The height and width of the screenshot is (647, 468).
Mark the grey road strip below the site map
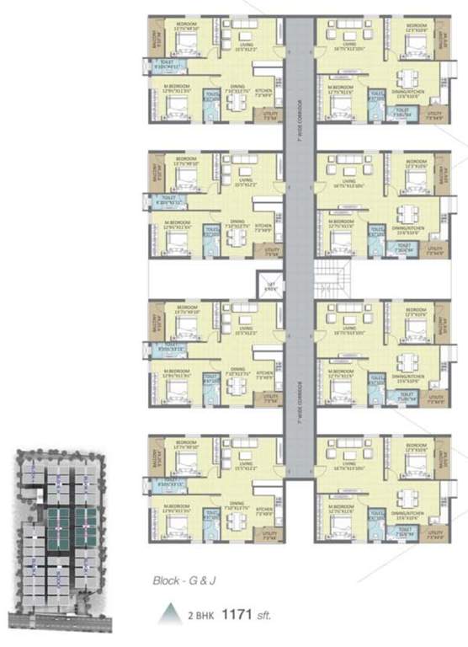coord(59,624)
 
